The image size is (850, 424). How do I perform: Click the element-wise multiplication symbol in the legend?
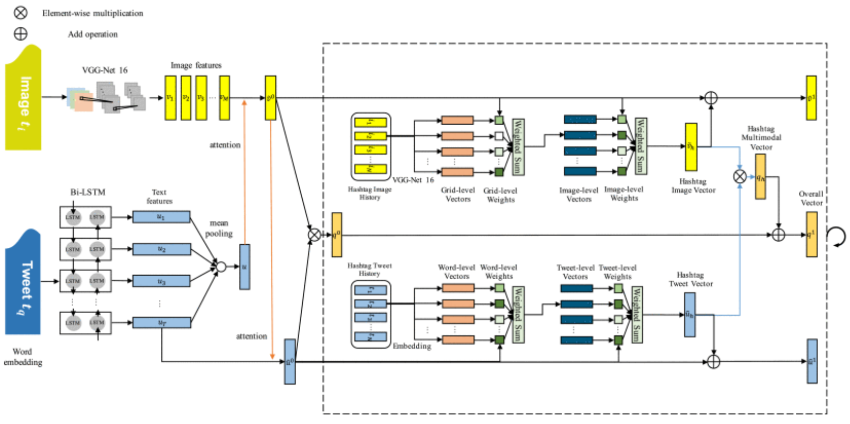(x=20, y=12)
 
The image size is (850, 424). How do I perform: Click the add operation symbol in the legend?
(x=20, y=34)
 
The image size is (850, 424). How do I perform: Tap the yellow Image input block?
(x=23, y=98)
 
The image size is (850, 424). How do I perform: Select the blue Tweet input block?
(x=23, y=282)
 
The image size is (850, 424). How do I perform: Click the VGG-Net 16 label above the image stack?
(x=105, y=70)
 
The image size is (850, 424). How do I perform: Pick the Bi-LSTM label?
(x=88, y=192)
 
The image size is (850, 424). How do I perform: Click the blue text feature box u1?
(x=161, y=217)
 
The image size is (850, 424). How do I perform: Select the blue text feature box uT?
(x=161, y=323)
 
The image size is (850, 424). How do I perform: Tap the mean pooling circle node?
(x=221, y=266)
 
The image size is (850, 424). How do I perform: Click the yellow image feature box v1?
(x=170, y=98)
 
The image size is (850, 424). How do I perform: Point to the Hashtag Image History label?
(x=370, y=193)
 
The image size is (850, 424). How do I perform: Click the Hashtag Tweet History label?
(x=370, y=269)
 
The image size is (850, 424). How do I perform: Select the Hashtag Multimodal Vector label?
(x=761, y=138)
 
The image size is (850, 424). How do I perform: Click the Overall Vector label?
(x=811, y=198)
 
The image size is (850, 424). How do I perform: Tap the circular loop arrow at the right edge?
(x=837, y=237)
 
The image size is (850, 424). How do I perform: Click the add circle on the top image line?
(x=711, y=98)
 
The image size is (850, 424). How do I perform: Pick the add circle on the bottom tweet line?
(x=713, y=362)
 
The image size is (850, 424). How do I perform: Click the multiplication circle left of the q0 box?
(x=314, y=235)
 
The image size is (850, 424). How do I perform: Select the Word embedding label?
(x=23, y=357)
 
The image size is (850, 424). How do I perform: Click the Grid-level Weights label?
(x=500, y=195)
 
